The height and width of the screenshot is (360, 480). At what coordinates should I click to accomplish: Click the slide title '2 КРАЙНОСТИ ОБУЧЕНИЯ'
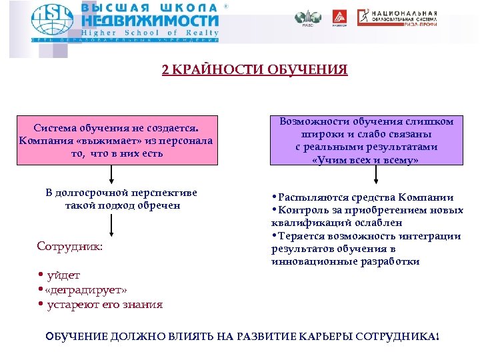pos(255,70)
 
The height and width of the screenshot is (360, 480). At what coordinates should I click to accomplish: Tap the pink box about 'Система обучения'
pos(117,140)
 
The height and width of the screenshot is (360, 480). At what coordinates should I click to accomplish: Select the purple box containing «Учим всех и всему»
pos(367,141)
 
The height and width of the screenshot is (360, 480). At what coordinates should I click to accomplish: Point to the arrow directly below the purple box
pos(377,175)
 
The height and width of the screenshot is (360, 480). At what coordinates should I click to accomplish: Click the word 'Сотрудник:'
pos(70,246)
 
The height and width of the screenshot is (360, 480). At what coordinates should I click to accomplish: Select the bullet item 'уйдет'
pos(63,275)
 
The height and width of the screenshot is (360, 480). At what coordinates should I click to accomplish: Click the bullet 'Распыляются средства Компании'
pos(366,197)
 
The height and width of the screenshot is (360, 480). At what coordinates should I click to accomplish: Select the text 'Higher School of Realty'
pos(150,33)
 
